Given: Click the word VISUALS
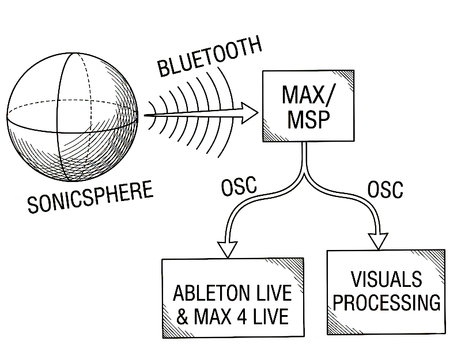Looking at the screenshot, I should pos(386,280).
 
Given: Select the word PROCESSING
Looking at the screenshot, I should pos(387,304).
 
